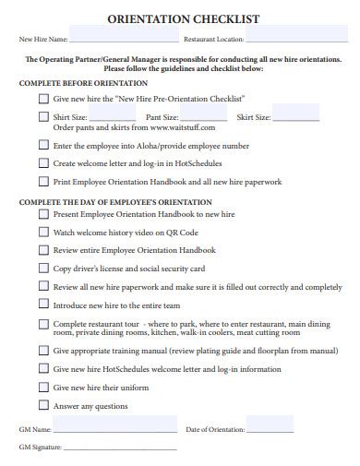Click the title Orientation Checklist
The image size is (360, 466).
[184, 18]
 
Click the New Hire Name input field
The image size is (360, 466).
[124, 39]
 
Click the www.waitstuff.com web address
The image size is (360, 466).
[181, 127]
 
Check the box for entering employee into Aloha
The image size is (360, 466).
[43, 145]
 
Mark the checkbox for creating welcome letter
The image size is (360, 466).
[43, 162]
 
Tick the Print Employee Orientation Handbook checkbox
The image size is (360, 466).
[43, 181]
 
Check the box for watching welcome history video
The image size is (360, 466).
[43, 232]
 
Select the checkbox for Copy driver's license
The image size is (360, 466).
[43, 268]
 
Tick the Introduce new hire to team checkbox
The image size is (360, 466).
[43, 305]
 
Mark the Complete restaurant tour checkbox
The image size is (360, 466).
[43, 324]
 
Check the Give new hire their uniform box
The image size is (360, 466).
[43, 387]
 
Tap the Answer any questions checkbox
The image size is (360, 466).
[43, 405]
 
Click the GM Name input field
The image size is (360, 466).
[115, 428]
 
